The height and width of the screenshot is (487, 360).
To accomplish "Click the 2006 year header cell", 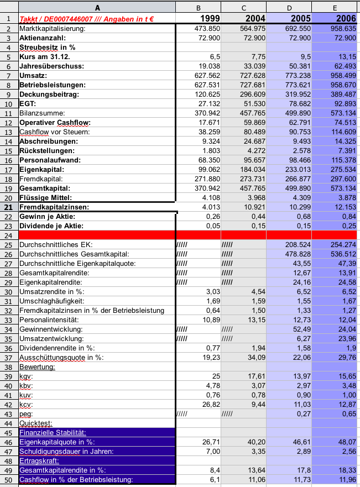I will coord(335,18).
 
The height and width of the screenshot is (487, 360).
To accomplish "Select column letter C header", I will coord(243,8).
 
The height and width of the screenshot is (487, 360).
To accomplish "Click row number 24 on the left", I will coord(9,234).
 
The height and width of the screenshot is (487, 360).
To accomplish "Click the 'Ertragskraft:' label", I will coord(38,460).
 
